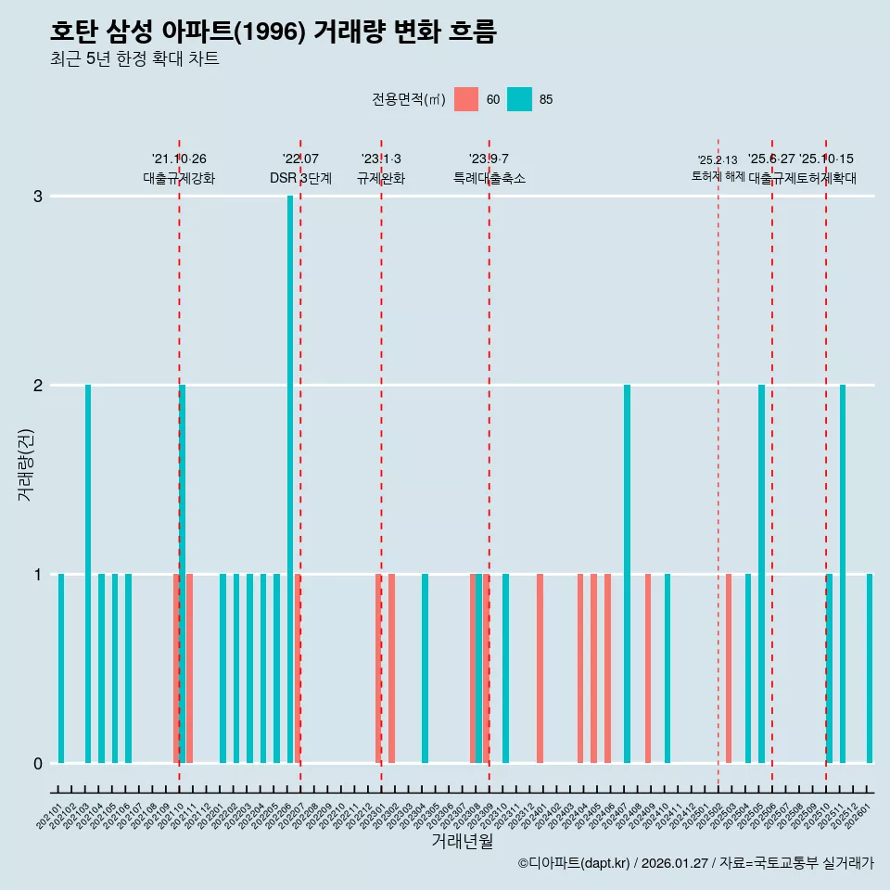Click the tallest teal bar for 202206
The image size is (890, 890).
(x=290, y=478)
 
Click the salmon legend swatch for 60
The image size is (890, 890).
(x=466, y=99)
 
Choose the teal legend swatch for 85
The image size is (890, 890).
(x=519, y=99)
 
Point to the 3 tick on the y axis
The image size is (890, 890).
(x=38, y=197)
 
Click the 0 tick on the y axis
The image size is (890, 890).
(x=38, y=763)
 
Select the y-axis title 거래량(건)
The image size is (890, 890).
(x=25, y=464)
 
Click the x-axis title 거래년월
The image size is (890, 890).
(x=462, y=841)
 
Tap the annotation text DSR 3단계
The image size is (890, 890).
(x=300, y=178)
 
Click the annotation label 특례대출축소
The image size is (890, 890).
(x=489, y=178)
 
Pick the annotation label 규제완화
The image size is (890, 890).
(x=381, y=178)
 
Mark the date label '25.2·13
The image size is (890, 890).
(x=718, y=160)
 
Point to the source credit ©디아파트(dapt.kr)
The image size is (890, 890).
(x=574, y=863)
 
